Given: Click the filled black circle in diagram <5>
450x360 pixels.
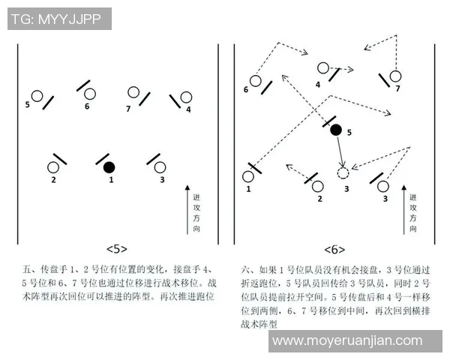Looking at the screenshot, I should [x=109, y=166].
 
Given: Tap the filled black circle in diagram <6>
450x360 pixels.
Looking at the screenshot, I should [x=336, y=129].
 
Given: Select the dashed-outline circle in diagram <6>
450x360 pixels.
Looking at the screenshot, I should [x=343, y=173].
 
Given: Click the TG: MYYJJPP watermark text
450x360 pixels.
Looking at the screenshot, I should [x=59, y=19].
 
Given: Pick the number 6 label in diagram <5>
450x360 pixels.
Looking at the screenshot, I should [x=87, y=106].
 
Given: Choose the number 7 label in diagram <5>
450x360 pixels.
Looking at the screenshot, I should [x=129, y=108].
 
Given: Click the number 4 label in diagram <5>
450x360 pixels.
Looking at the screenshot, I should [x=188, y=109].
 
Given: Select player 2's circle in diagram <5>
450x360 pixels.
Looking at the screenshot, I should [x=53, y=167].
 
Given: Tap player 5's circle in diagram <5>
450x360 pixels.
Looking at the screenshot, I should [x=36, y=96].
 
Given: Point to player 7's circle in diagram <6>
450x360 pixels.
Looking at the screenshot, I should [x=395, y=76].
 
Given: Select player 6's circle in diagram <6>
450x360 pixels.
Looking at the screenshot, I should [x=256, y=80].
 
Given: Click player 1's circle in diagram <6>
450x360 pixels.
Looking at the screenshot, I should [x=248, y=177].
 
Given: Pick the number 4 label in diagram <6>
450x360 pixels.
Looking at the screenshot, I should [x=318, y=85].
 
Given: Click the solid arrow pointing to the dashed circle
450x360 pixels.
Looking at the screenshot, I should [x=340, y=151].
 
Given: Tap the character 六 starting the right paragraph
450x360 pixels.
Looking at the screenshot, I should [x=246, y=268].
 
